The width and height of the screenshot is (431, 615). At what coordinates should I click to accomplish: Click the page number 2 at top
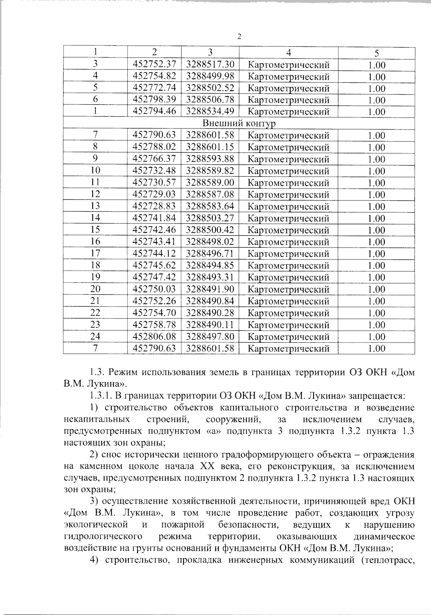[239, 37]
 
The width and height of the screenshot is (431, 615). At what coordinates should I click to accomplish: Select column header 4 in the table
[288, 53]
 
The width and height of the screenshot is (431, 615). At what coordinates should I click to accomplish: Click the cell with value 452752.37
[154, 64]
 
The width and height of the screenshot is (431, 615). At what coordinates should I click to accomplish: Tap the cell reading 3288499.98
[210, 76]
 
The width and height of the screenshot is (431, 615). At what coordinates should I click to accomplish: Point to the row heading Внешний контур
[239, 123]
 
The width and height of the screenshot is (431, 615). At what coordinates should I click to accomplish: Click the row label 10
[95, 171]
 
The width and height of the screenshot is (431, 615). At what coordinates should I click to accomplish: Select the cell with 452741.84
[154, 218]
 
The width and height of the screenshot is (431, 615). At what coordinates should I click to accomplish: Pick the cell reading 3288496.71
[210, 254]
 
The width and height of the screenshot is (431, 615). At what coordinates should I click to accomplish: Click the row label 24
[95, 336]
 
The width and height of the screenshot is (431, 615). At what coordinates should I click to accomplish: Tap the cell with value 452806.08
[154, 337]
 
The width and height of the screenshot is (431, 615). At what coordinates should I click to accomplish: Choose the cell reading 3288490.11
[210, 325]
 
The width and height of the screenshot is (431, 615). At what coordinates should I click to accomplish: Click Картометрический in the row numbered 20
[288, 289]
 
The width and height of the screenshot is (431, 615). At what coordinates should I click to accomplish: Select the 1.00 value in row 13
[376, 207]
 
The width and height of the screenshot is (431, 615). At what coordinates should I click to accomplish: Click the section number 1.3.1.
[101, 396]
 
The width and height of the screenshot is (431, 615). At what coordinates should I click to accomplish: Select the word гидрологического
[102, 537]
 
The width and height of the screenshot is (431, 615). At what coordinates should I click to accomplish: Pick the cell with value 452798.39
[154, 100]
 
